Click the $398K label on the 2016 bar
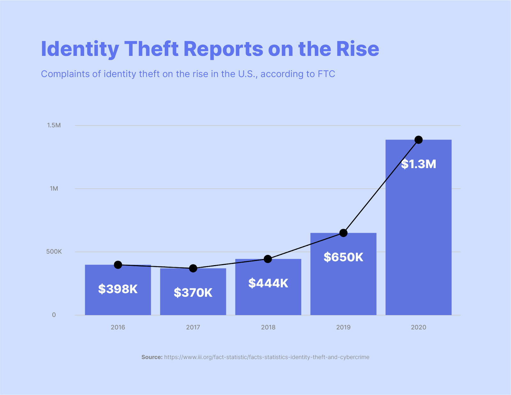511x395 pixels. (118, 289)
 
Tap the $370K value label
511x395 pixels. (193, 293)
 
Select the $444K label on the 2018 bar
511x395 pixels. (268, 283)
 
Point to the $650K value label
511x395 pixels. (343, 257)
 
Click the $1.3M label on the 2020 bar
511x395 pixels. (418, 164)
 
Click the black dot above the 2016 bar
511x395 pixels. (118, 265)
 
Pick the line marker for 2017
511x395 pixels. (193, 268)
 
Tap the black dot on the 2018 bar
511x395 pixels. (268, 259)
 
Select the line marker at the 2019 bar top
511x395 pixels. (343, 233)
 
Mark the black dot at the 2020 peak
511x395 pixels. (418, 140)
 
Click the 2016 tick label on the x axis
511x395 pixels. (118, 327)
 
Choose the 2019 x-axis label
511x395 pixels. (343, 327)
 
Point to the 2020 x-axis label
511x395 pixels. (418, 327)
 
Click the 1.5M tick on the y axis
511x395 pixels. (54, 125)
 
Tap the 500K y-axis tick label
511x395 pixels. (54, 252)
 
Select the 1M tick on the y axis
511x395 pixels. (54, 189)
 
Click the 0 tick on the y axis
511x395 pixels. (54, 315)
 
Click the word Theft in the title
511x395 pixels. (151, 49)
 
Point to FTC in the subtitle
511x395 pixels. (326, 74)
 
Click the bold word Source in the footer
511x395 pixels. (152, 357)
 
